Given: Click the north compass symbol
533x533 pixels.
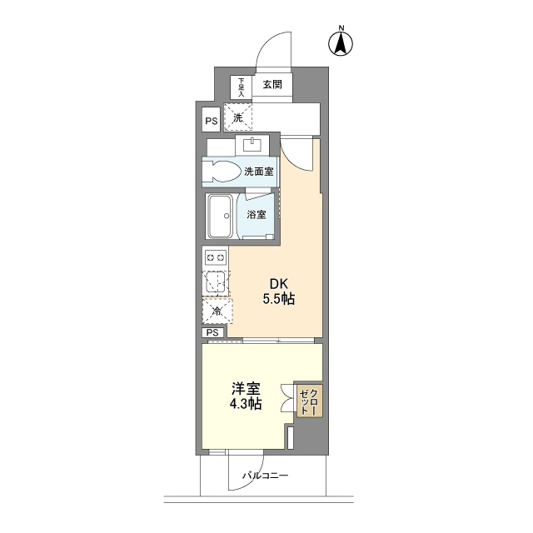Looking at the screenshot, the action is (x=341, y=42).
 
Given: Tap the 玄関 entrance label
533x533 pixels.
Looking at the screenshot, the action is (x=272, y=84).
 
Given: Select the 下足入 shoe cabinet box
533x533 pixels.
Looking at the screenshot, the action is (x=241, y=87).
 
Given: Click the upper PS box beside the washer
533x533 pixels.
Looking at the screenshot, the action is (x=211, y=120).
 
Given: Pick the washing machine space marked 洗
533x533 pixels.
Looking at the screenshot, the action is (x=238, y=117).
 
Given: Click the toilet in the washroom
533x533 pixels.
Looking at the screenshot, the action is (x=222, y=171).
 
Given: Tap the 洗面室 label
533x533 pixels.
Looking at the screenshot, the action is (x=259, y=172).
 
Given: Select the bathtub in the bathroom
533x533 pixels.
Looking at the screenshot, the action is (x=220, y=216).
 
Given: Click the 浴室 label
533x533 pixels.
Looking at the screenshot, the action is (x=257, y=215).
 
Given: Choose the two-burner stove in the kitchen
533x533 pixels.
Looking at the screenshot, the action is (x=216, y=257).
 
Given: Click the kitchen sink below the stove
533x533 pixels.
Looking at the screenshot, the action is (x=216, y=282).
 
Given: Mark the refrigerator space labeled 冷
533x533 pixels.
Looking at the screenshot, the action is (x=217, y=311).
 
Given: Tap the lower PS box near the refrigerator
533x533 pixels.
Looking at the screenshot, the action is (x=213, y=332).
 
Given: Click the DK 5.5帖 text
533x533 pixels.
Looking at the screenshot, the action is (x=279, y=291).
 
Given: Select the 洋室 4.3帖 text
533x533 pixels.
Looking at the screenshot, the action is (x=246, y=396).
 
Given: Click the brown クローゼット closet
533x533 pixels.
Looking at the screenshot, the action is (x=309, y=401).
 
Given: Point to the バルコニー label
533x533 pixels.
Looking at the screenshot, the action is (x=265, y=476).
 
